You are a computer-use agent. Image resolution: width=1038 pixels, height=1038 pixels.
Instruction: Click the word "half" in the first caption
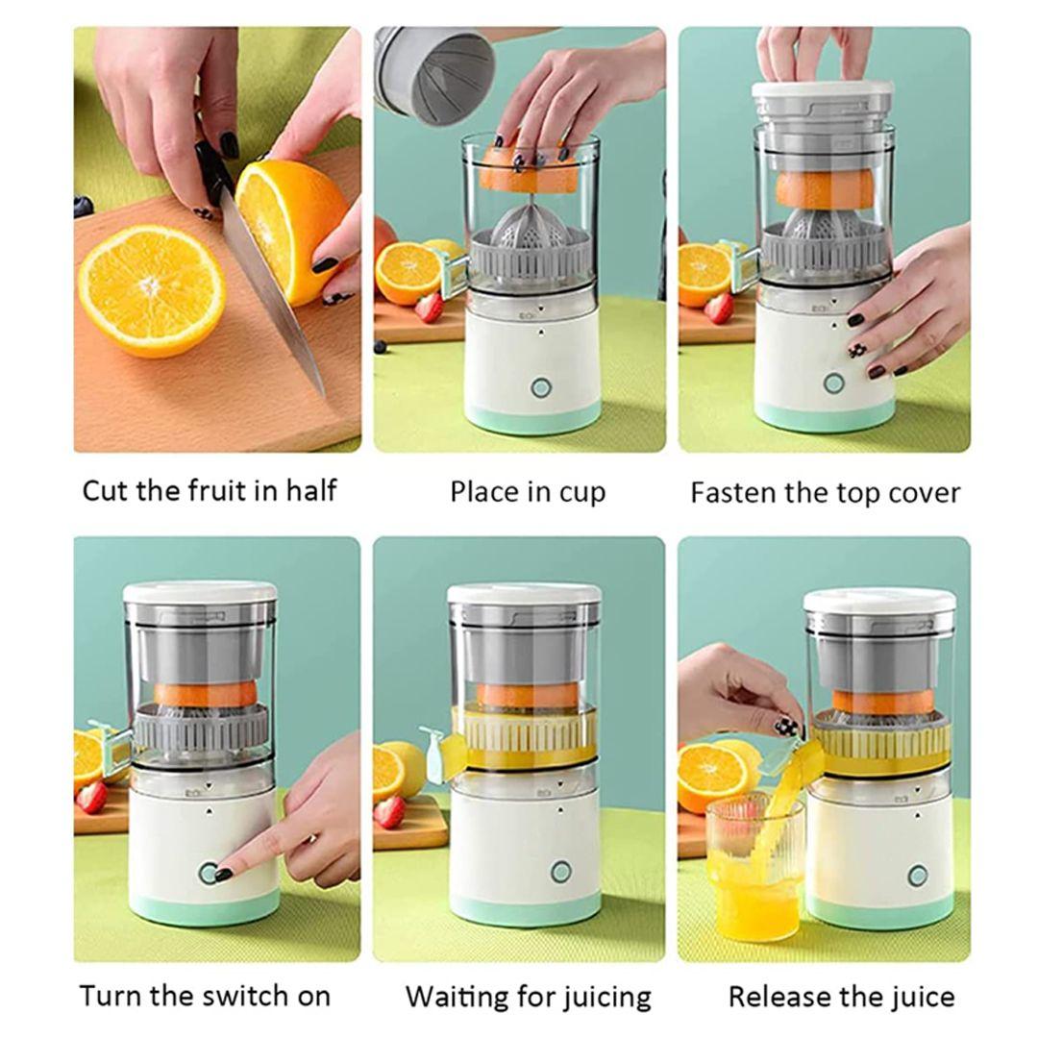[311, 490]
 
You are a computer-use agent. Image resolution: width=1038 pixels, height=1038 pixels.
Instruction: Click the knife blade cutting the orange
[271, 291]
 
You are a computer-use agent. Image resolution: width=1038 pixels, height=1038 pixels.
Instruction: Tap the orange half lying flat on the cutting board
[152, 290]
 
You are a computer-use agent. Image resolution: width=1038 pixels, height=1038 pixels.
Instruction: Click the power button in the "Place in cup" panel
[540, 387]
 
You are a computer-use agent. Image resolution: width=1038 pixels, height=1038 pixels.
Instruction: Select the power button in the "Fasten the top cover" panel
[833, 383]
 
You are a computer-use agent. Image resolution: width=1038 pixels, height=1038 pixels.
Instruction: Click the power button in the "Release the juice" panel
[917, 876]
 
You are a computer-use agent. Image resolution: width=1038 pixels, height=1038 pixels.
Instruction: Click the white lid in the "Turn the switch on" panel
[200, 592]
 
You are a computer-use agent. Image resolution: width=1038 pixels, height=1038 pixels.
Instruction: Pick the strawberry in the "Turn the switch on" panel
[91, 797]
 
